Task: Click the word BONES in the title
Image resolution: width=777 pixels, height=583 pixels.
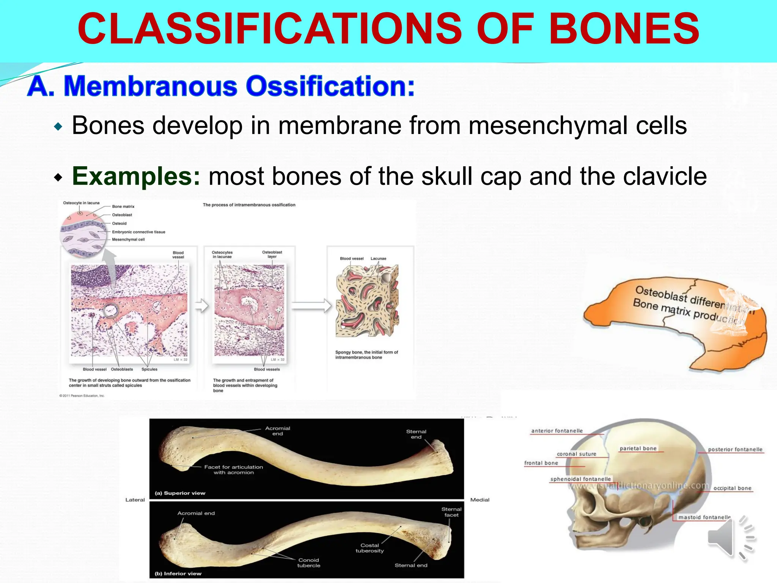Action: point(624,29)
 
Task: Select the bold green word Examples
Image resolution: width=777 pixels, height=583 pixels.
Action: point(136,176)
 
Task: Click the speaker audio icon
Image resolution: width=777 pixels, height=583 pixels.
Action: point(730,538)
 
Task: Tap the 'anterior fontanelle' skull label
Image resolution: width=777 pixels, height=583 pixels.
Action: point(557,431)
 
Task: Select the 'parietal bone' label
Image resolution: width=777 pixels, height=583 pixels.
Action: point(638,448)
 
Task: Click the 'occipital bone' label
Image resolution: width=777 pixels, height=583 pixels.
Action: point(732,488)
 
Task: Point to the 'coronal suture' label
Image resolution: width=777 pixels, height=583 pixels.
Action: point(576,454)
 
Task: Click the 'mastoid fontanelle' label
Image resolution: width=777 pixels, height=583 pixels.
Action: point(705,517)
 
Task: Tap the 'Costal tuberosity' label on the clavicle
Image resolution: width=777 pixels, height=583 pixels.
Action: point(370,548)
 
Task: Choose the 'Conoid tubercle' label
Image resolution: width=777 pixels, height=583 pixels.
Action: point(308,563)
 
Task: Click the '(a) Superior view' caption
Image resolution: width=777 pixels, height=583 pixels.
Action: point(180,493)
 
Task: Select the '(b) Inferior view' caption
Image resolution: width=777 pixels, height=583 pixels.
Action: point(178,574)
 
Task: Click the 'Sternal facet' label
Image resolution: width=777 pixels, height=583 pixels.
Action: point(451,512)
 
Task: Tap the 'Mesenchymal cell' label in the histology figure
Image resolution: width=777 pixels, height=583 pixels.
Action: point(128,240)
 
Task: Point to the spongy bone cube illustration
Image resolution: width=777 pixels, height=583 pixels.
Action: point(367,301)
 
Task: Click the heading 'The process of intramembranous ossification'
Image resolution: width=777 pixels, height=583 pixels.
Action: point(249,205)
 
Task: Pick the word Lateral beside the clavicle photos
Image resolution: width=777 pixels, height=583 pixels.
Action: point(135,500)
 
